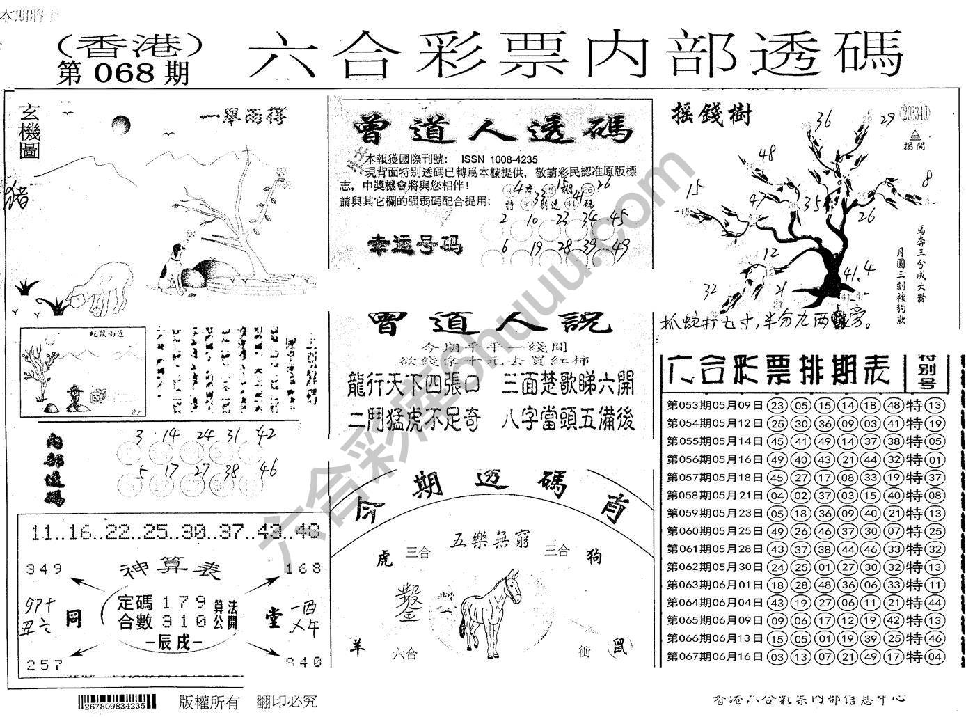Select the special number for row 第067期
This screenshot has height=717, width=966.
tap(935, 656)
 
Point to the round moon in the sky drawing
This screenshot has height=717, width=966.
tap(120, 125)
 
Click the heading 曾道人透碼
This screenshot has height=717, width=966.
tap(492, 130)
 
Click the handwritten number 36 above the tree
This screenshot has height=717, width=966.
tap(824, 120)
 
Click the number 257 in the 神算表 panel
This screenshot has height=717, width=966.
tap(44, 665)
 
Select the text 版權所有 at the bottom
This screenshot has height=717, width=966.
tap(208, 702)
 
